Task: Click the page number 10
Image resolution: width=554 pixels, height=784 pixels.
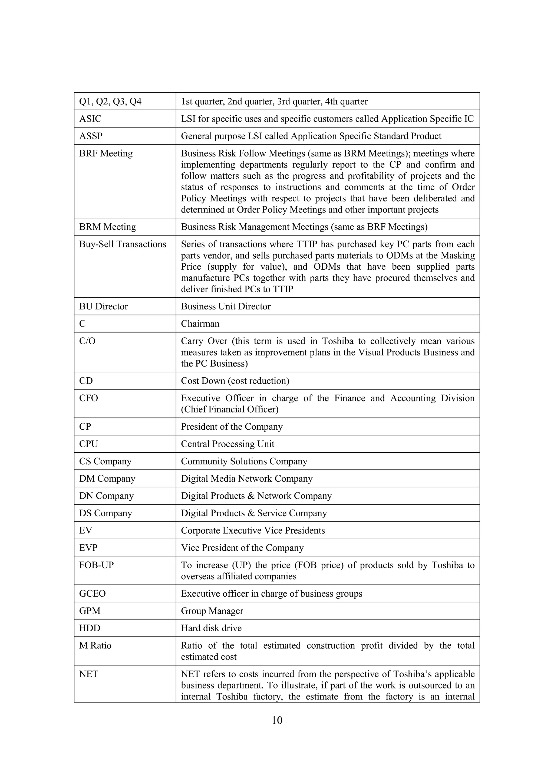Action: pyautogui.click(x=277, y=720)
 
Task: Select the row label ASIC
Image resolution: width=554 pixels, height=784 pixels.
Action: pyautogui.click(x=90, y=119)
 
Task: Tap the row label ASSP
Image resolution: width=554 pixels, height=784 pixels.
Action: pyautogui.click(x=91, y=136)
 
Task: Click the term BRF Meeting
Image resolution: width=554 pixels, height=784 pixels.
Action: pyautogui.click(x=106, y=153)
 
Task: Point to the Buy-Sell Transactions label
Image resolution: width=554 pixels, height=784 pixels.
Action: pyautogui.click(x=123, y=244)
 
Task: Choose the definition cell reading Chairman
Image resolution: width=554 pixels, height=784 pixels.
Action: pyautogui.click(x=200, y=324)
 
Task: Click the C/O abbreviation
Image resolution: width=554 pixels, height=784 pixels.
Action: pyautogui.click(x=87, y=341)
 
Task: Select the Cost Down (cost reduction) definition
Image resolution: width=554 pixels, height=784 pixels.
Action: pyautogui.click(x=235, y=381)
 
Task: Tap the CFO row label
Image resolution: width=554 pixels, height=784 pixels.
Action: pyautogui.click(x=88, y=398)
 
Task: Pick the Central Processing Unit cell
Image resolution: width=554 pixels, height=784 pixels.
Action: pyautogui.click(x=227, y=444)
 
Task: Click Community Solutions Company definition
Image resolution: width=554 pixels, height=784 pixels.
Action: pyautogui.click(x=244, y=461)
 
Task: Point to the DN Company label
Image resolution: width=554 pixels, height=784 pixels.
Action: pyautogui.click(x=106, y=496)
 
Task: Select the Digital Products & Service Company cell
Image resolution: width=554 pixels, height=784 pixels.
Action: pyautogui.click(x=254, y=513)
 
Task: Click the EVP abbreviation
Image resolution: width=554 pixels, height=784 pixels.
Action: pyautogui.click(x=88, y=548)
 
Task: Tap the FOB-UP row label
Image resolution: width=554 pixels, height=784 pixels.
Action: pyautogui.click(x=97, y=565)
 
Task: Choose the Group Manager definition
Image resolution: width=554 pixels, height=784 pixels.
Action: pyautogui.click(x=212, y=611)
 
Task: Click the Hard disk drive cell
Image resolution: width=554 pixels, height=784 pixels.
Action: pyautogui.click(x=211, y=628)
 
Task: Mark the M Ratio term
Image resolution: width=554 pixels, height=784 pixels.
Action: pyautogui.click(x=95, y=646)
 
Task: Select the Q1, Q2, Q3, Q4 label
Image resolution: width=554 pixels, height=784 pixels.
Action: pyautogui.click(x=110, y=102)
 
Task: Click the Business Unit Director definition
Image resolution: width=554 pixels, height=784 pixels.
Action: pyautogui.click(x=226, y=306)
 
